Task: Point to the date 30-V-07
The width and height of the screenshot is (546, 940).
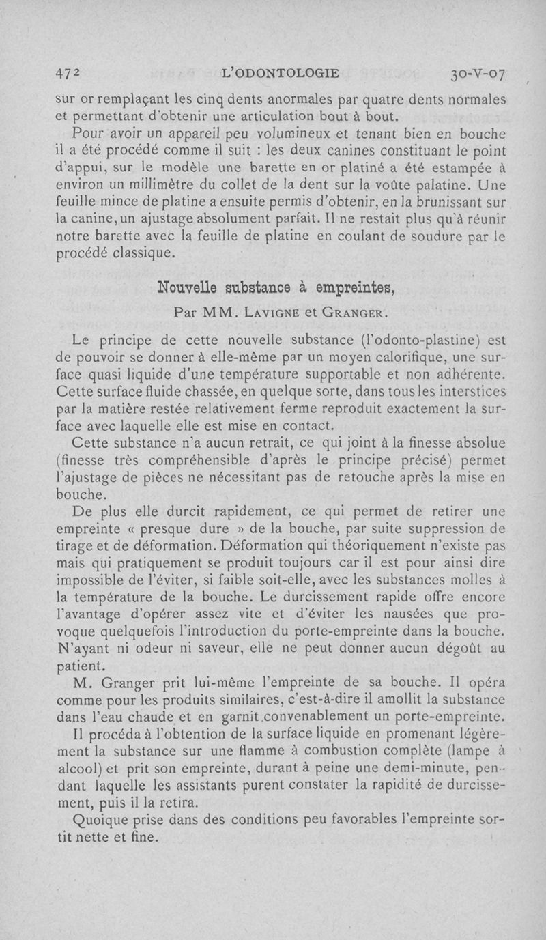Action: (x=477, y=74)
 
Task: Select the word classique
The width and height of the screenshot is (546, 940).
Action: (x=142, y=256)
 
